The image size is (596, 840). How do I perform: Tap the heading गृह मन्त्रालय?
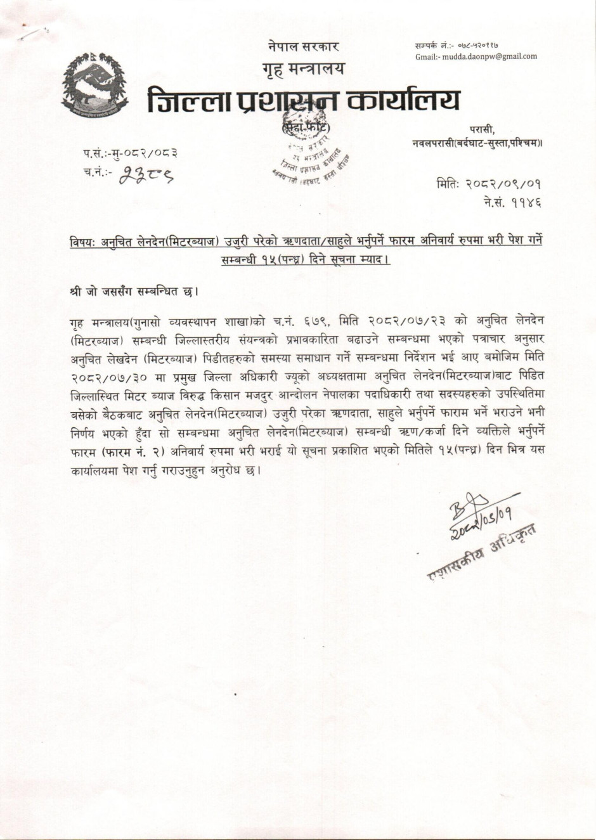303,68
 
